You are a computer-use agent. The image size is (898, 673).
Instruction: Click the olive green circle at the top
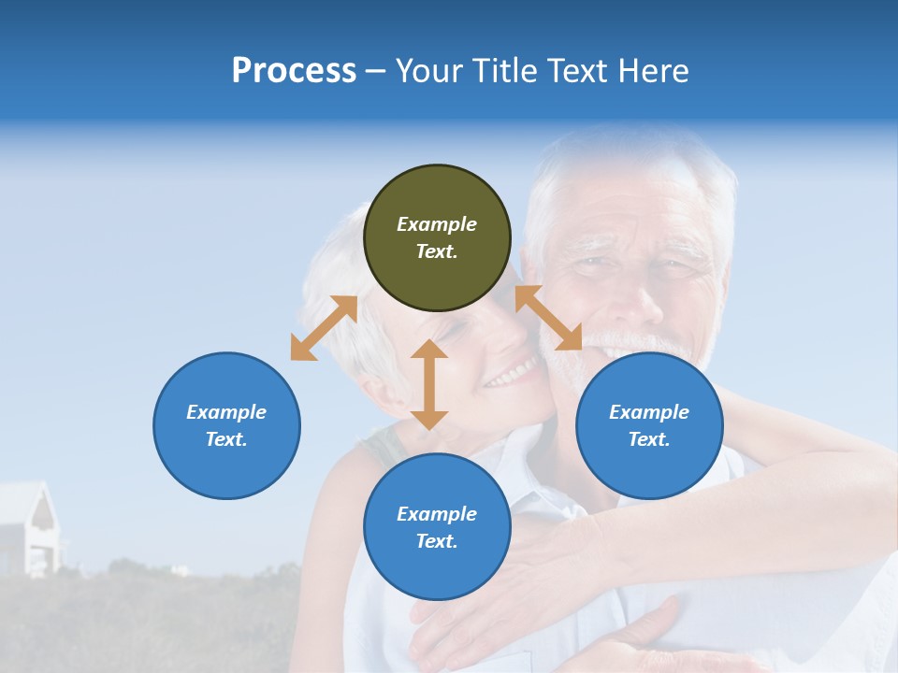click(437, 238)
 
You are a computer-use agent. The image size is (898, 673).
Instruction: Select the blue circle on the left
click(226, 425)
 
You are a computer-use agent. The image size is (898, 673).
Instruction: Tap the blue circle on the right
click(649, 425)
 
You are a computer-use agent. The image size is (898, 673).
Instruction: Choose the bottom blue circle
click(437, 527)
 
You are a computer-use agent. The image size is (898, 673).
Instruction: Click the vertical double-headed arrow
click(429, 384)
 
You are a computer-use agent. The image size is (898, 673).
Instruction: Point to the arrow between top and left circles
click(324, 328)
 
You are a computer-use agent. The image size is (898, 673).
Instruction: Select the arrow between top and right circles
click(548, 318)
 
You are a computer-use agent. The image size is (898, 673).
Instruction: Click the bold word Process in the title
click(294, 70)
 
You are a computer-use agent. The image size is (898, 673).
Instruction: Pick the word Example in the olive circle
click(437, 224)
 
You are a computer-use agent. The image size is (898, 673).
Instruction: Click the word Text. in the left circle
click(226, 439)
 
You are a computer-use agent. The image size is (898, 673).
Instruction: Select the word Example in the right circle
click(649, 412)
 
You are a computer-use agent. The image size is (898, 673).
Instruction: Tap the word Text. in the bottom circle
click(437, 541)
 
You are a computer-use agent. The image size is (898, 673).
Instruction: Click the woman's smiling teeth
click(511, 375)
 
